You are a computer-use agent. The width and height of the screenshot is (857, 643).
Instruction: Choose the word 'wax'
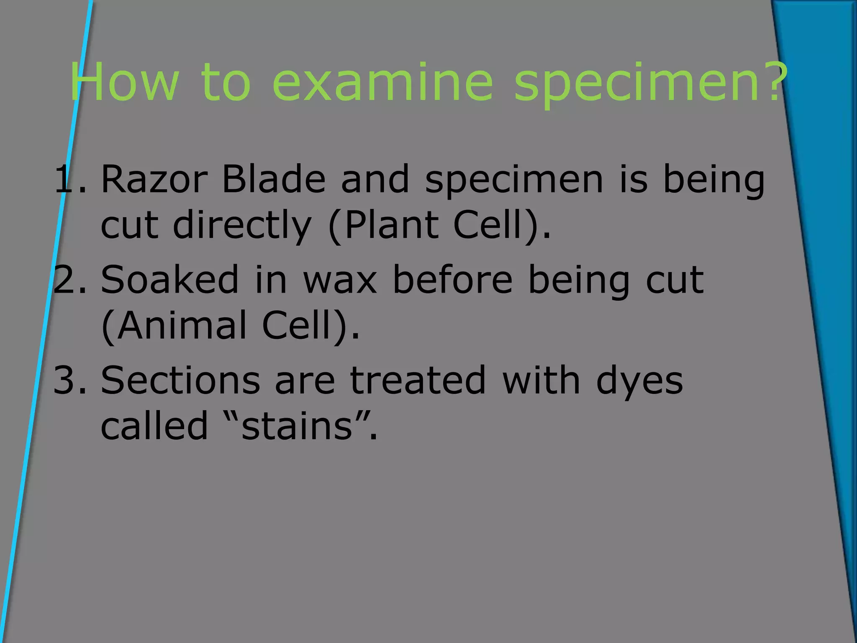coord(340,280)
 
